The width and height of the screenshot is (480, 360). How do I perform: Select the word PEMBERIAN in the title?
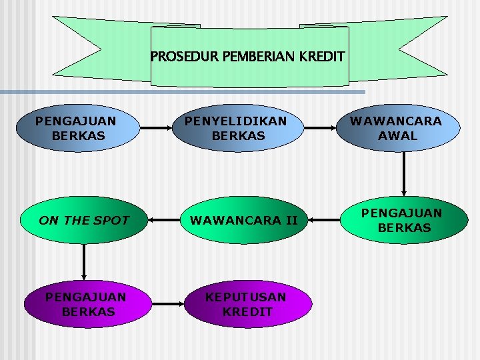(251, 57)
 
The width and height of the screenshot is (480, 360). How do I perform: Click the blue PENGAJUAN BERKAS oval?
(75, 129)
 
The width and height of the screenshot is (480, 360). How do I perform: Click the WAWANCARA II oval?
(244, 220)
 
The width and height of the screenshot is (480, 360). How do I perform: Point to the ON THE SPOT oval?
(84, 220)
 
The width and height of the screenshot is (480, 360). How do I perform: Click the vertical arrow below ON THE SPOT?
(84, 261)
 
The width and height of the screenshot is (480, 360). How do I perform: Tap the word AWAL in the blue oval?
(397, 136)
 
